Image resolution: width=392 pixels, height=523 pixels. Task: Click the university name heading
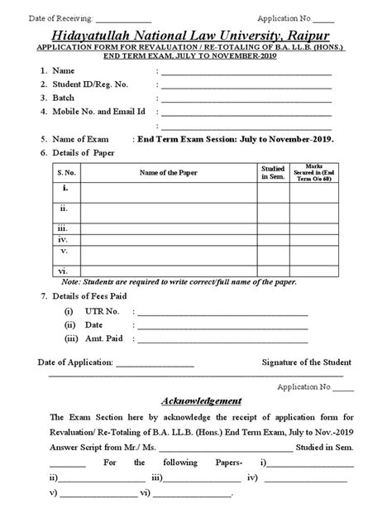195,34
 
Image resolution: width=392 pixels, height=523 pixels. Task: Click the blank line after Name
246,74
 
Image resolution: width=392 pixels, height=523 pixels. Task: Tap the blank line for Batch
246,98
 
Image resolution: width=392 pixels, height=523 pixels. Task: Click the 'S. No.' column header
65,171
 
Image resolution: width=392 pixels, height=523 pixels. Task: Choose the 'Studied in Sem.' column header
273,171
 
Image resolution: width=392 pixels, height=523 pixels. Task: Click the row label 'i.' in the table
65,189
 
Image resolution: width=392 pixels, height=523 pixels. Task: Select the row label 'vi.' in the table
65,269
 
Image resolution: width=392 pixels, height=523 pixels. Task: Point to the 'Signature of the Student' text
306,362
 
